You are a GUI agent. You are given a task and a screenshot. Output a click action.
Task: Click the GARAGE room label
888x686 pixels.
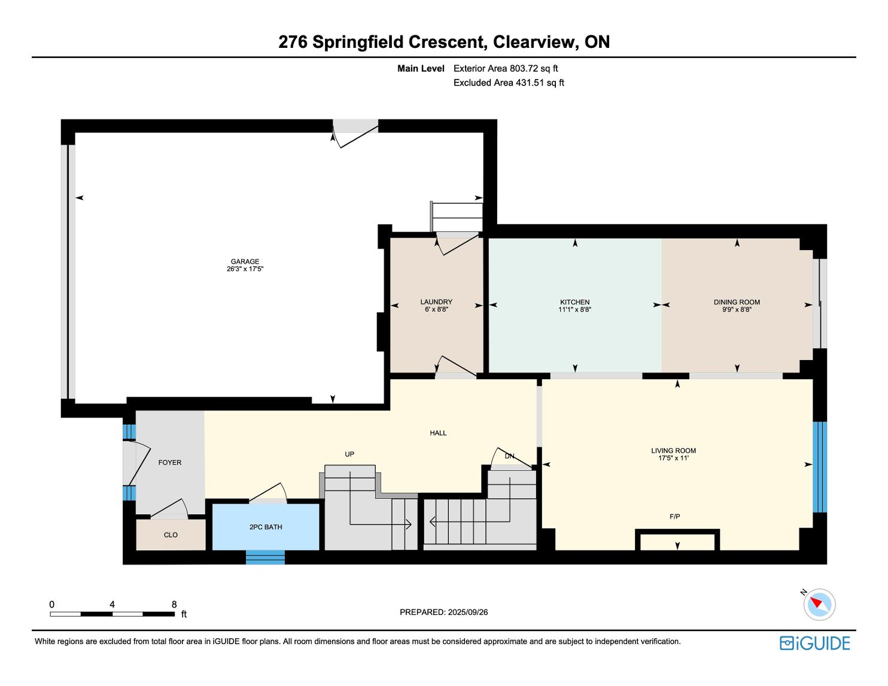(245, 261)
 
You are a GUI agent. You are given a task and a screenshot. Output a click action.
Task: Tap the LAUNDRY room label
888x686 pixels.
(436, 302)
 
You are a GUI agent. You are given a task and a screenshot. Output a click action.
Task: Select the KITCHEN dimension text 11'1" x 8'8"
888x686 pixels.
(574, 310)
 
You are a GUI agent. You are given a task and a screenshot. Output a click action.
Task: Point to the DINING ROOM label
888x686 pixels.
(737, 302)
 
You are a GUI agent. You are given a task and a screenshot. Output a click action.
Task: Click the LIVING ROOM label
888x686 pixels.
(673, 451)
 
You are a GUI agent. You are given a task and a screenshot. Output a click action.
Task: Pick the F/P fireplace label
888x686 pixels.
(674, 516)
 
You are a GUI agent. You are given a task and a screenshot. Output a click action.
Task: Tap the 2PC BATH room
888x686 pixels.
(266, 527)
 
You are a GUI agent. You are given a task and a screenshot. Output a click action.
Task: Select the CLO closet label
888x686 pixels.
(171, 535)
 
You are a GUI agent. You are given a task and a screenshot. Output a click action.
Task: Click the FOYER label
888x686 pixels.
(170, 462)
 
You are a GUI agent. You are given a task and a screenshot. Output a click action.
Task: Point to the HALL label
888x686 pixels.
(438, 433)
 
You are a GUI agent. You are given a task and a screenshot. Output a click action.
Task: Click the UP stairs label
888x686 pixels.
(349, 454)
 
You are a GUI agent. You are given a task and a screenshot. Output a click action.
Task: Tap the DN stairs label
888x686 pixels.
(509, 456)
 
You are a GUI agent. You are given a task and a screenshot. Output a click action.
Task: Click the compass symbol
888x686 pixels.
(819, 604)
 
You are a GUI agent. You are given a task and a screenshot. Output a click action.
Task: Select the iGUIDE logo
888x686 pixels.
(814, 643)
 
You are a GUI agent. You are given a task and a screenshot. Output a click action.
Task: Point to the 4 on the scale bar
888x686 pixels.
(112, 605)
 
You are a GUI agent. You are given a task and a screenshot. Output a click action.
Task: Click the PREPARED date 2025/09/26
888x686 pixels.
(467, 612)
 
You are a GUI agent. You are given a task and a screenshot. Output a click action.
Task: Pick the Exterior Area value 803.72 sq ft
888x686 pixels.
(534, 69)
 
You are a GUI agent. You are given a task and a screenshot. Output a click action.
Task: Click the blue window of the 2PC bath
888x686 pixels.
(265, 558)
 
